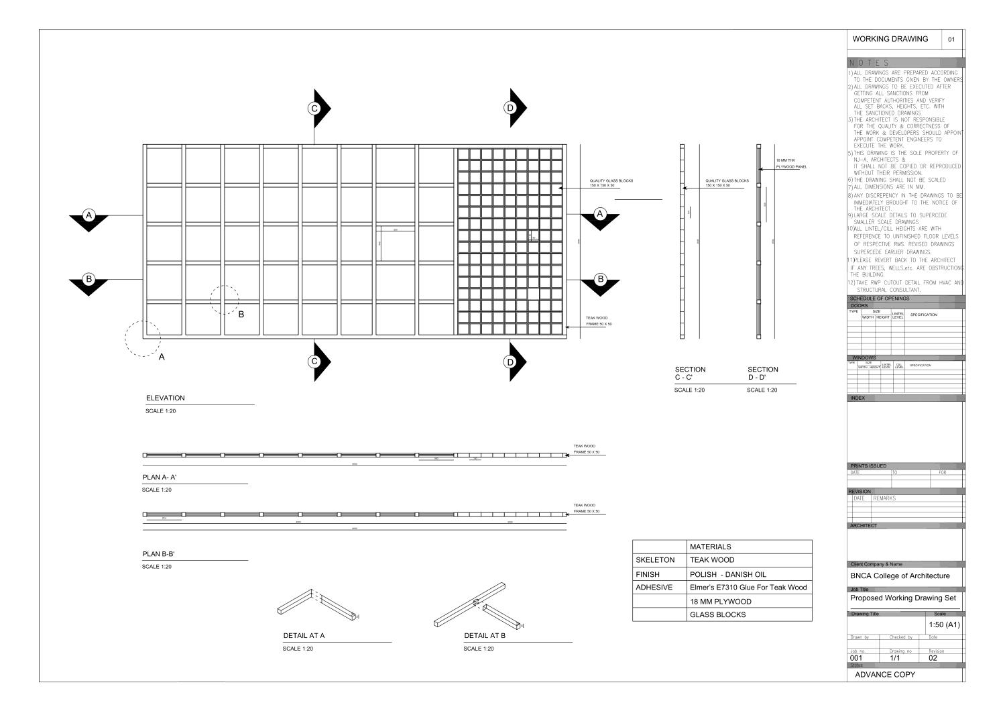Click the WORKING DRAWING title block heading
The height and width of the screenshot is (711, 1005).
coord(890,39)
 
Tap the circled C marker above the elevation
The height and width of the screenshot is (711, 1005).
coord(313,108)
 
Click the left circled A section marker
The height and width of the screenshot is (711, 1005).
coord(88,215)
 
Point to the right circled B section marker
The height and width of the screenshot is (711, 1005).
coord(600,278)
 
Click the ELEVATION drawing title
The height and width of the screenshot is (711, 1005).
coord(165,398)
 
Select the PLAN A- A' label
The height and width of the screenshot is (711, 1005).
coord(160,478)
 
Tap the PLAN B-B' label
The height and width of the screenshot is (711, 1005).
coord(158,554)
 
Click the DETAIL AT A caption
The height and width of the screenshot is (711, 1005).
coord(304,635)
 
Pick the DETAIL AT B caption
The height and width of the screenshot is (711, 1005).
coord(485,635)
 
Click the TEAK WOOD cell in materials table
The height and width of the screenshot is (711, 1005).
coord(712,559)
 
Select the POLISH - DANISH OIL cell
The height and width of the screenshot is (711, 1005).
coord(727,574)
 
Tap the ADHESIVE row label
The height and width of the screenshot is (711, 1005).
coord(654,588)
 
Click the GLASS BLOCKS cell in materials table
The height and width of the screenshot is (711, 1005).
coord(717,614)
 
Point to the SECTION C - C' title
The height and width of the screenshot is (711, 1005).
coord(690,374)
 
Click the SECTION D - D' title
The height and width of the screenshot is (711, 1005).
coord(763,374)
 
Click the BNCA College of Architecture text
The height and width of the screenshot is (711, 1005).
coord(900,576)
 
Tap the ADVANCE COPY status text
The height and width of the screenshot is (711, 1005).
coord(885,674)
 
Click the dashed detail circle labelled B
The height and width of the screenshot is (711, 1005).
coord(224,299)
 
